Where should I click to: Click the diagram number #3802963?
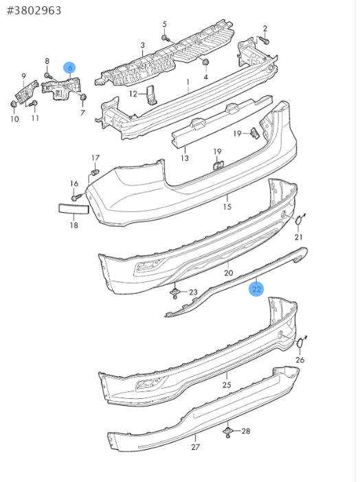34,10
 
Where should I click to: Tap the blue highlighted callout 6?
70,68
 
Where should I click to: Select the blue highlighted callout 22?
256,289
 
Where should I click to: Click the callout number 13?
184,159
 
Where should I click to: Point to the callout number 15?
227,207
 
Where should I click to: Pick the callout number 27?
195,447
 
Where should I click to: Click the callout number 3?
142,45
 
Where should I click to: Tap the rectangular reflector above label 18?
74,209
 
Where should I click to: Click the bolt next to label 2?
264,40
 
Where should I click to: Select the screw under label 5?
166,38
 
